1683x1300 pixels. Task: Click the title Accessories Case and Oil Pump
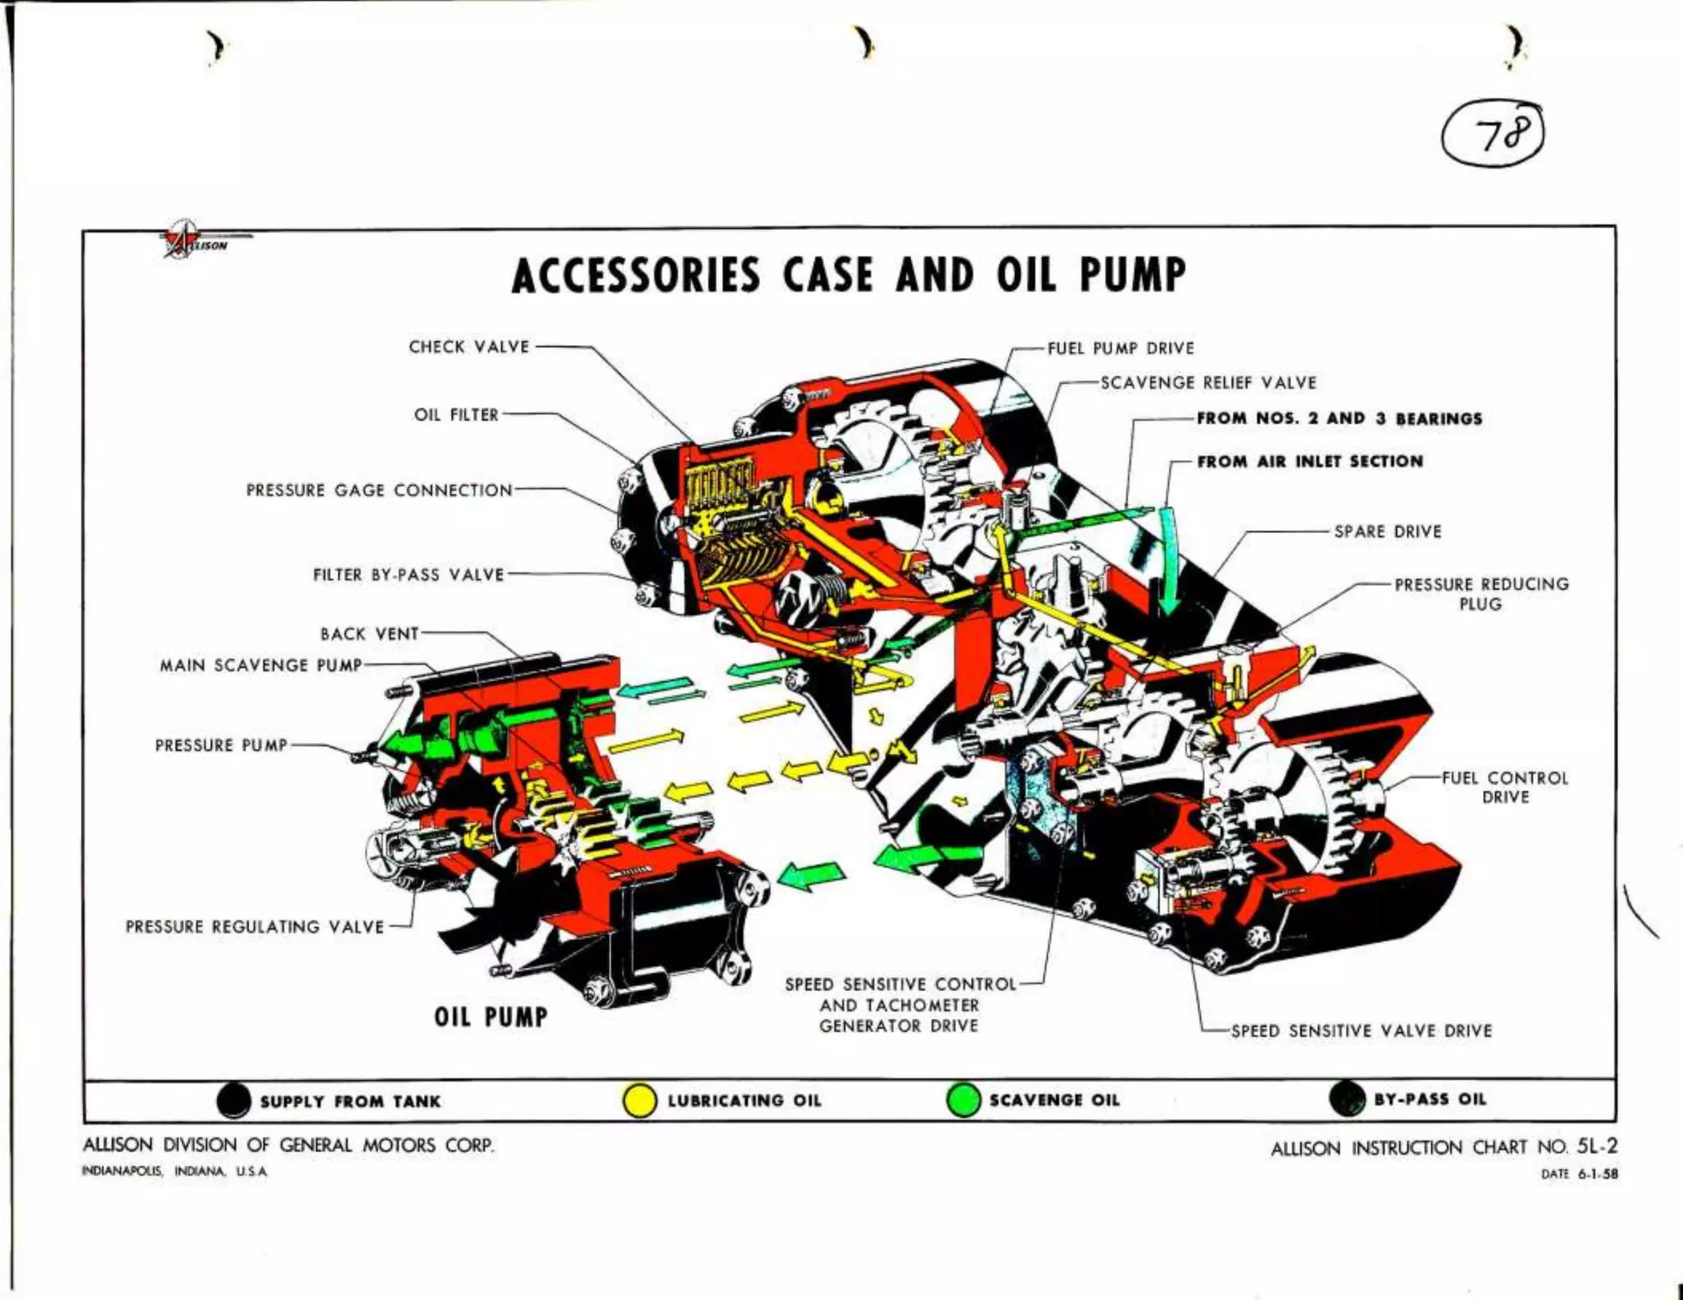point(848,275)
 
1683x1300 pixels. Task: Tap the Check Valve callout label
point(468,347)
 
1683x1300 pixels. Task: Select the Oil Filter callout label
point(456,415)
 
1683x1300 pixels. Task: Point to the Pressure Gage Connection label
point(379,491)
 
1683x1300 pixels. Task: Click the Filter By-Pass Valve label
point(408,575)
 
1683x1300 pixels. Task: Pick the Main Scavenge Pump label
point(261,665)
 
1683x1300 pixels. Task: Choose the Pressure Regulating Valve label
point(255,927)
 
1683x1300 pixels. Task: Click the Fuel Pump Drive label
point(1120,348)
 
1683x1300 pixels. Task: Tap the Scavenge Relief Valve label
point(1208,383)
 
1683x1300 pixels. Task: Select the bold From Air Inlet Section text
point(1309,462)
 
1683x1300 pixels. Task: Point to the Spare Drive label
point(1387,532)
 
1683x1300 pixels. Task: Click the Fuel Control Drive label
point(1505,787)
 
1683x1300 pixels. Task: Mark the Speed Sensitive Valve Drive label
point(1361,1030)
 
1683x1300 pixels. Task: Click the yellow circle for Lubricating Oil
point(639,1101)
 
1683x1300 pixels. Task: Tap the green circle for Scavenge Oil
point(963,1100)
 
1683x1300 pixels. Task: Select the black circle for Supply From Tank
point(234,1101)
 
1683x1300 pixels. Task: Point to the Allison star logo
point(182,238)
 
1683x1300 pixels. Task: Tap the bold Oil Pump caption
point(491,1017)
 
